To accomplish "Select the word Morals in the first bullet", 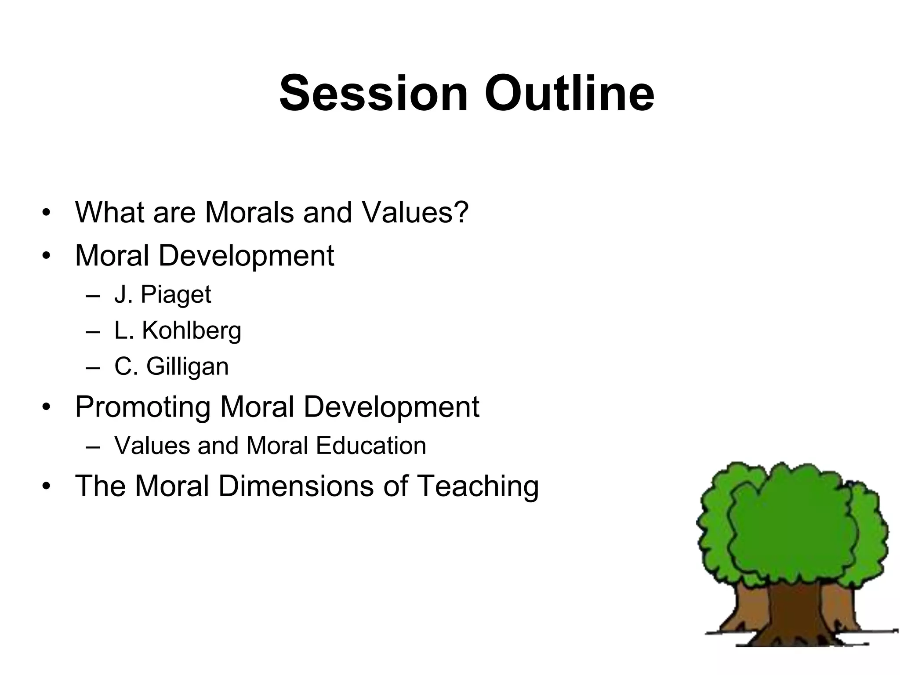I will coord(250,212).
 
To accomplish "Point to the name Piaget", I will coord(176,294).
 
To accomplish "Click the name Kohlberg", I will coord(192,330).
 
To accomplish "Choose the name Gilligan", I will coord(187,367).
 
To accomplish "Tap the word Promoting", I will coord(142,407).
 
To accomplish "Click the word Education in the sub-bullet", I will coord(371,446).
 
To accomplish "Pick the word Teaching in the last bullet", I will coord(477,487).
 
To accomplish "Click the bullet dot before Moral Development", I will coord(47,256).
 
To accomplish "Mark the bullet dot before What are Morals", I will coord(47,213).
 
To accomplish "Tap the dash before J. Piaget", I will coord(93,295).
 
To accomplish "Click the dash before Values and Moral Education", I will coord(93,446).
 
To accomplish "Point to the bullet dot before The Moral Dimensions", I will coord(47,486).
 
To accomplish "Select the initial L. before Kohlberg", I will coord(123,330).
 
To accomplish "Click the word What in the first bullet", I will coord(110,212).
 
